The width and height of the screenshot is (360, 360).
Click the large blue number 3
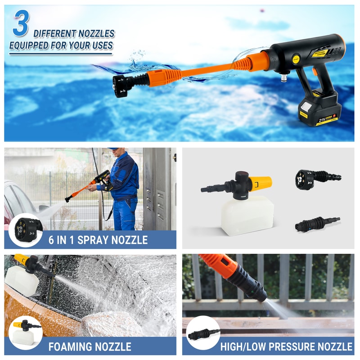pos(21,25)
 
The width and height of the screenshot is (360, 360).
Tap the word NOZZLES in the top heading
pos(95,34)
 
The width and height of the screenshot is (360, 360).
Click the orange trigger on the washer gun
pos(315,71)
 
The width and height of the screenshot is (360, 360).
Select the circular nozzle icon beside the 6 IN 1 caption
pos(26,229)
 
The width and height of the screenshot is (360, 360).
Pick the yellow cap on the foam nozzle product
pos(260,183)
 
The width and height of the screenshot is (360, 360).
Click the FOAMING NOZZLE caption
pos(90,346)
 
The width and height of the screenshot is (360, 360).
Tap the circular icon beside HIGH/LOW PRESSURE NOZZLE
pos(203,333)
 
